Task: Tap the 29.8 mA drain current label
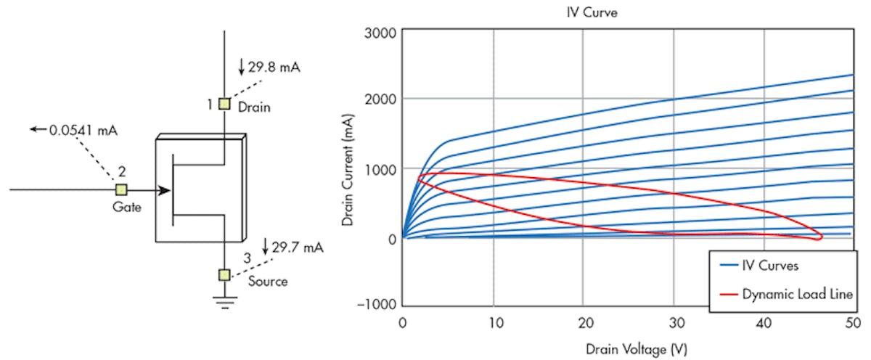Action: pyautogui.click(x=274, y=67)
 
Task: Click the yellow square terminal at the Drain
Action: pyautogui.click(x=224, y=104)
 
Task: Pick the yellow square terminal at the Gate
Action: pyautogui.click(x=121, y=190)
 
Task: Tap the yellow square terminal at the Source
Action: pyautogui.click(x=224, y=274)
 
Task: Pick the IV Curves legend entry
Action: pyautogui.click(x=769, y=266)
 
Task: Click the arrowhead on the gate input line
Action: pyautogui.click(x=165, y=190)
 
